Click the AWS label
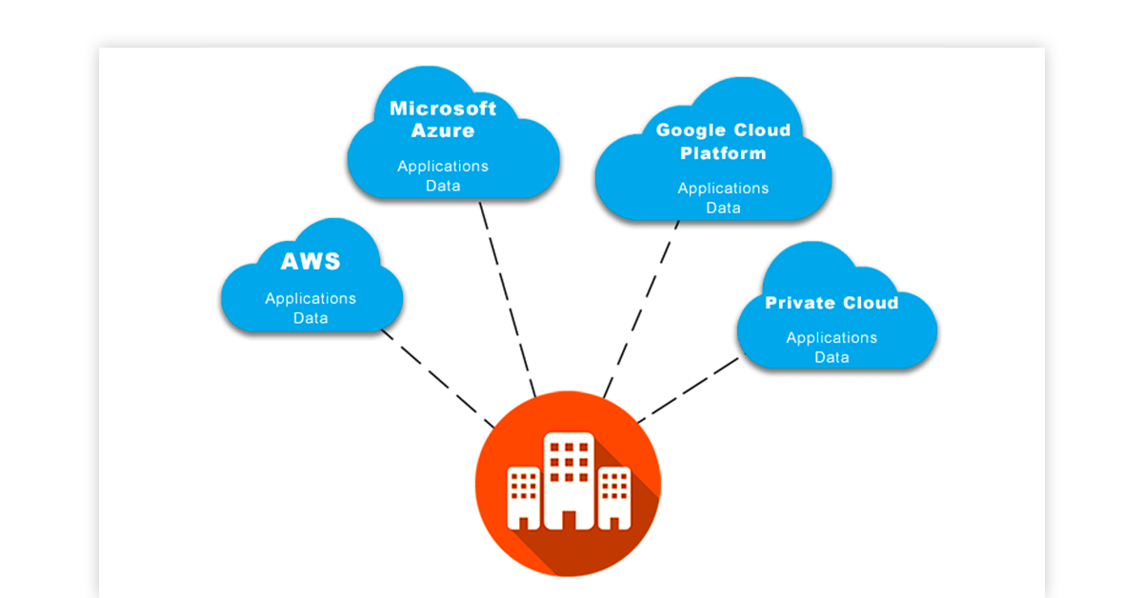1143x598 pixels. tap(311, 262)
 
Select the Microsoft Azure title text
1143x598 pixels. tap(443, 119)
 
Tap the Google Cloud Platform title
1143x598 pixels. tap(723, 142)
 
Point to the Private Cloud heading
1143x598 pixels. tap(832, 303)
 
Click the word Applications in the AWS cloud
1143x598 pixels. tap(311, 298)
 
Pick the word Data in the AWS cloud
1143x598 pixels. tap(311, 318)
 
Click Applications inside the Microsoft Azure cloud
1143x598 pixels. tap(443, 166)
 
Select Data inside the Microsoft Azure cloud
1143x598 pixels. tap(443, 186)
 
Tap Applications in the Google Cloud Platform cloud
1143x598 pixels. tap(723, 189)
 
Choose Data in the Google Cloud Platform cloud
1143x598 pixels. tap(723, 208)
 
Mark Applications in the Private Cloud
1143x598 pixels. tap(832, 337)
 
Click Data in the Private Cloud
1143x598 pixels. tap(832, 357)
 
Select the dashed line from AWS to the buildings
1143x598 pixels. tap(436, 378)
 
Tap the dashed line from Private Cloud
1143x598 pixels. tap(688, 389)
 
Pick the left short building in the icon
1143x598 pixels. tap(523, 495)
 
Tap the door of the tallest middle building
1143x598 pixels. tap(569, 519)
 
